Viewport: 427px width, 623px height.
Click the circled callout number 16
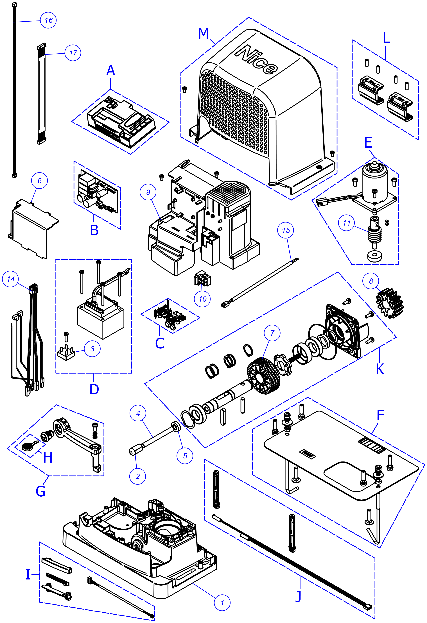pyautogui.click(x=48, y=20)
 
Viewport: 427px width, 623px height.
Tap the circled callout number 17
pyautogui.click(x=73, y=53)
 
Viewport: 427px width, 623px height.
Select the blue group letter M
pyautogui.click(x=204, y=34)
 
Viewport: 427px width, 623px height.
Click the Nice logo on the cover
pyautogui.click(x=256, y=60)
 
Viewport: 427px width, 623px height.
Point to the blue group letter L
pyautogui.click(x=386, y=38)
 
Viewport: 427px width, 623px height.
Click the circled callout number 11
pyautogui.click(x=347, y=223)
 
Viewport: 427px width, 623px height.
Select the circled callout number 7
pyautogui.click(x=272, y=333)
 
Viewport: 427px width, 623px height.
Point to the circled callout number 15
pyautogui.click(x=286, y=230)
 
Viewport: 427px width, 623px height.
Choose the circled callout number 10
pyautogui.click(x=202, y=299)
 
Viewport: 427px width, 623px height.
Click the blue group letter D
pyautogui.click(x=94, y=389)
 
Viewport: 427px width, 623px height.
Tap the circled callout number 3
pyautogui.click(x=92, y=349)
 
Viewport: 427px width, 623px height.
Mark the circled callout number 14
pyautogui.click(x=10, y=279)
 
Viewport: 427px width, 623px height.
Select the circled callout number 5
pyautogui.click(x=185, y=456)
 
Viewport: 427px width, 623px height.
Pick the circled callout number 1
pyautogui.click(x=222, y=603)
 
